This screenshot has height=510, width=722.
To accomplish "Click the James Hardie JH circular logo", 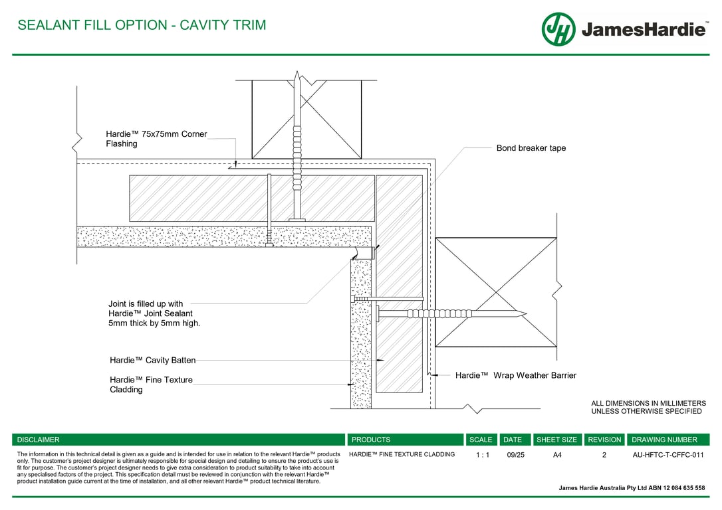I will pyautogui.click(x=558, y=29).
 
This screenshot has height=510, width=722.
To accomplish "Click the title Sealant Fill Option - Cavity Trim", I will pyautogui.click(x=142, y=25).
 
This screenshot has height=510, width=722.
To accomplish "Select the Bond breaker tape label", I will pyautogui.click(x=531, y=148).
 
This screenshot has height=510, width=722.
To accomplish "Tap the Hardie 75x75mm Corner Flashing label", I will pyautogui.click(x=156, y=139).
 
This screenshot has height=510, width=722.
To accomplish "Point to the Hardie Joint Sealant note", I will pyautogui.click(x=154, y=313).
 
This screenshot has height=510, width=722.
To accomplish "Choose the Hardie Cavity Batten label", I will pyautogui.click(x=153, y=361).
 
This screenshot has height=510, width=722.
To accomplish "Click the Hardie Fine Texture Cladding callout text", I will pyautogui.click(x=151, y=384).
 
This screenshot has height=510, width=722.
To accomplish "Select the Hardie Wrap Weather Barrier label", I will pyautogui.click(x=515, y=375).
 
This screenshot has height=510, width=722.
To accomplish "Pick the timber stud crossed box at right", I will pyautogui.click(x=495, y=292).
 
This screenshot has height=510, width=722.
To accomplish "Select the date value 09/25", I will pyautogui.click(x=515, y=456).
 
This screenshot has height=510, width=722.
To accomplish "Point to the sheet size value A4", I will pyautogui.click(x=557, y=456).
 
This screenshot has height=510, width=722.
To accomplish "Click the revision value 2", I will pyautogui.click(x=604, y=456).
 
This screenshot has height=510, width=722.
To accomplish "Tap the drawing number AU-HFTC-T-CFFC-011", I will pyautogui.click(x=667, y=456).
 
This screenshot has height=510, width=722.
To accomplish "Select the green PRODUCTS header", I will pyautogui.click(x=371, y=440).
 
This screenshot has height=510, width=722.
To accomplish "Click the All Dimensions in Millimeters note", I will pyautogui.click(x=648, y=407).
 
